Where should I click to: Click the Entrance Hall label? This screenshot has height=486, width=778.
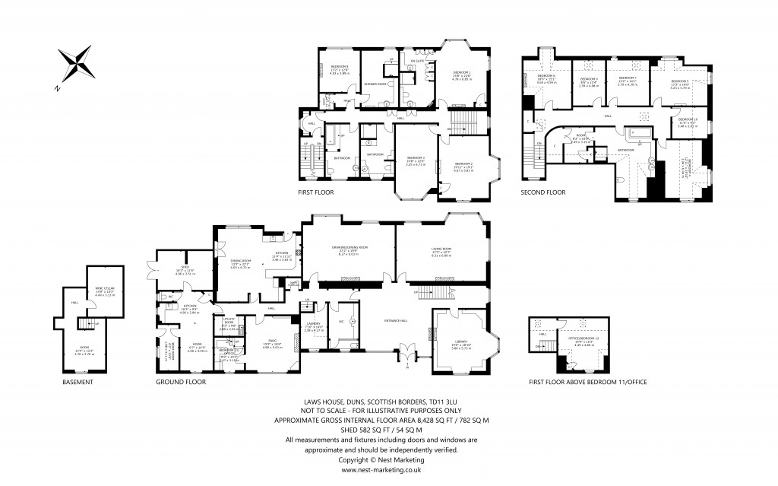379,320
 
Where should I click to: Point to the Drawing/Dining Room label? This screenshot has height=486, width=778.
349,247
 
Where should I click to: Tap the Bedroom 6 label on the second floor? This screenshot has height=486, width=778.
546,77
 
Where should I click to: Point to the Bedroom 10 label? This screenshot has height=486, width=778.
687,119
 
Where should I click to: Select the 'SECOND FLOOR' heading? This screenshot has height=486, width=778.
543,192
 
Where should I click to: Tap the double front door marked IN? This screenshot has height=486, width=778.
408,354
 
